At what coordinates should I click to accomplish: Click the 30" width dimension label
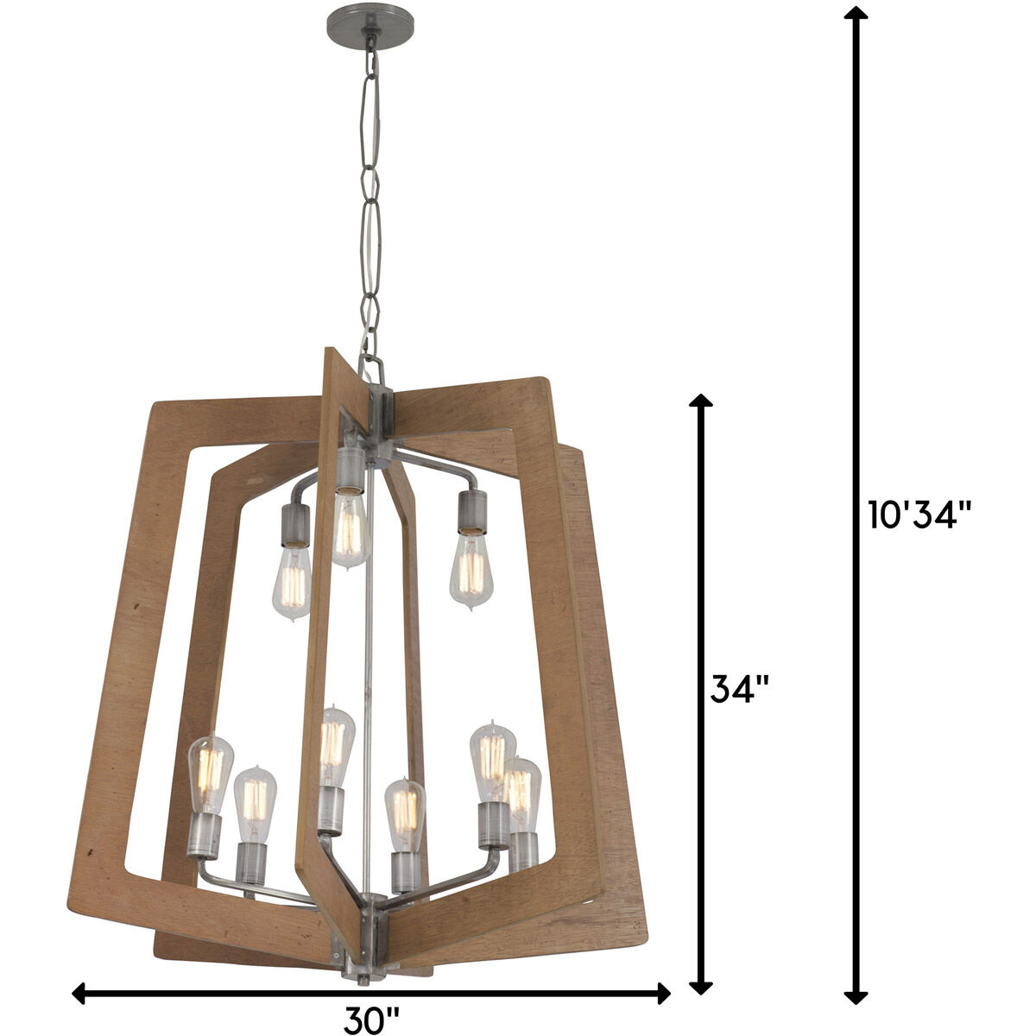tap(372, 1020)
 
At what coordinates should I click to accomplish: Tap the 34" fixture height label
tap(739, 689)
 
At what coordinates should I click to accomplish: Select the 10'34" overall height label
tap(921, 515)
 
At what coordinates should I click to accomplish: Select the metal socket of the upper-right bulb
tap(472, 512)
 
